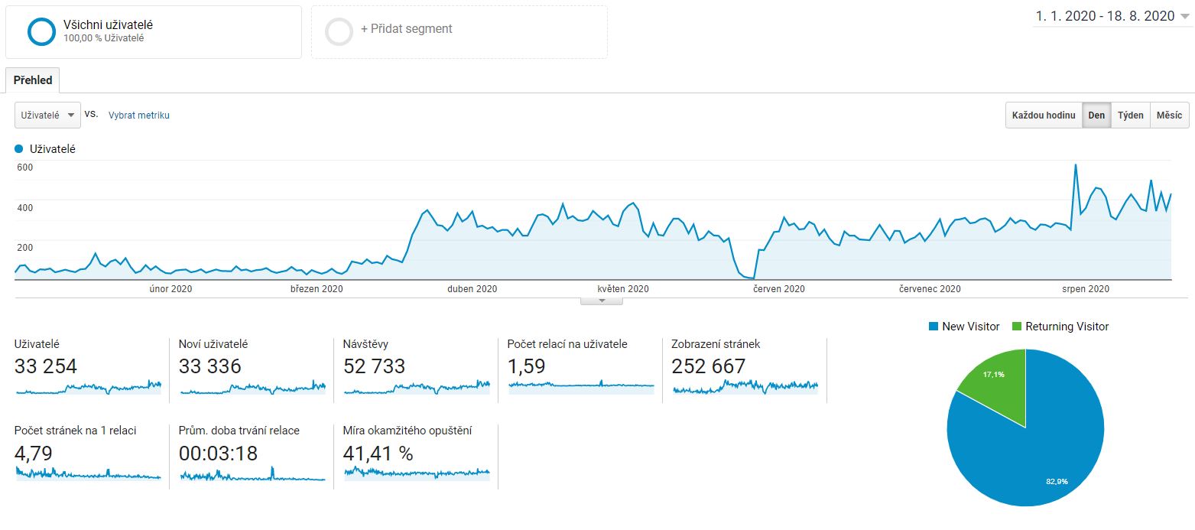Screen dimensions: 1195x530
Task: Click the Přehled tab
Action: pyautogui.click(x=33, y=80)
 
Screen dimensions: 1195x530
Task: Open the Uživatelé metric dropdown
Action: pyautogui.click(x=47, y=115)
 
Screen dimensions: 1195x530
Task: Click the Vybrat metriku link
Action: pyautogui.click(x=138, y=115)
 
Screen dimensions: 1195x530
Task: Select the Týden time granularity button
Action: pyautogui.click(x=1131, y=115)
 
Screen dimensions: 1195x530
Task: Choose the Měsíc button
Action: pyautogui.click(x=1170, y=115)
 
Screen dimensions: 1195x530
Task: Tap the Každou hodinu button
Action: pyautogui.click(x=1044, y=115)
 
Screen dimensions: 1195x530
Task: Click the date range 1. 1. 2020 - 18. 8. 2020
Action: pyautogui.click(x=1105, y=16)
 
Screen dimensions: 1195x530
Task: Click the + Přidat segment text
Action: pyautogui.click(x=406, y=29)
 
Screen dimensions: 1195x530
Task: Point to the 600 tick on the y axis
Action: pyautogui.click(x=25, y=167)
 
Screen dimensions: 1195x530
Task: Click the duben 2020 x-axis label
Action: pyautogui.click(x=472, y=289)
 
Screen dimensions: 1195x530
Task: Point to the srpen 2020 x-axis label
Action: pyautogui.click(x=1086, y=289)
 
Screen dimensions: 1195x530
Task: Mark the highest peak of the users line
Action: pyautogui.click(x=1076, y=165)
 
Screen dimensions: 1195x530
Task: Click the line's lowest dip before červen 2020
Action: pyautogui.click(x=752, y=278)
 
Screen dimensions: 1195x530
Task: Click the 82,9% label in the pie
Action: pyautogui.click(x=1057, y=481)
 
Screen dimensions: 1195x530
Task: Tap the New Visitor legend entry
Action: pyautogui.click(x=965, y=327)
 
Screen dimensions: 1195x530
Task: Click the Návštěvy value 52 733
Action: pyautogui.click(x=374, y=366)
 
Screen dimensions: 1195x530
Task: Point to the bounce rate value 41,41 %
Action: pyautogui.click(x=378, y=454)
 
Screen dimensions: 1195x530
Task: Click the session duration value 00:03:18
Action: pyautogui.click(x=218, y=454)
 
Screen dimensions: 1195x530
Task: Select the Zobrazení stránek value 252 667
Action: pyautogui.click(x=708, y=366)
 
